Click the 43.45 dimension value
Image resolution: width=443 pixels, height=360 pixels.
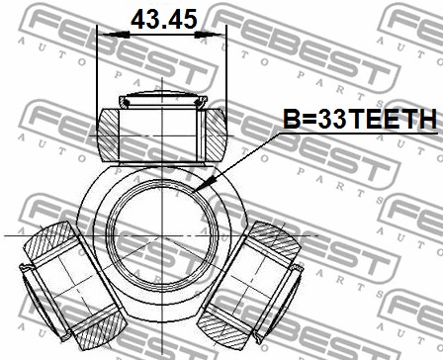click(164, 19)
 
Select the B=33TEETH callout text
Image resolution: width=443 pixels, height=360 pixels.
click(360, 119)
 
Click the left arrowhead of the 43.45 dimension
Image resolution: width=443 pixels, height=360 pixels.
click(115, 35)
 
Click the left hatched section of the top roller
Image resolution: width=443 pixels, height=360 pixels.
click(109, 135)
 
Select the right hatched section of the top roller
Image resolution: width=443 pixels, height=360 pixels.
click(216, 135)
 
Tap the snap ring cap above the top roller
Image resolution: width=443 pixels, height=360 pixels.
click(163, 99)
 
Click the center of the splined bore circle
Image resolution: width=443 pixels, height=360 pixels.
click(162, 235)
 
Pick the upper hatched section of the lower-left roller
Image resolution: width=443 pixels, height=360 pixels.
click(50, 240)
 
